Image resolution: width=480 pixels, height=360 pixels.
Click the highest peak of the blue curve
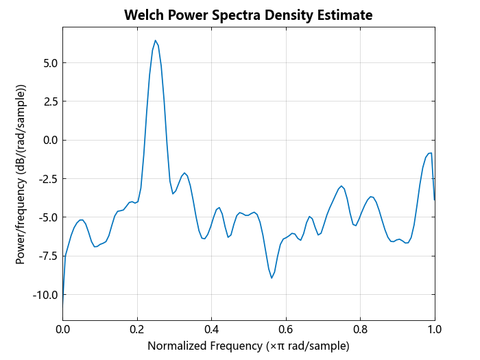pyautogui.click(x=156, y=40)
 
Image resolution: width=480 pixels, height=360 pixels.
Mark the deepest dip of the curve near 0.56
pyautogui.click(x=272, y=278)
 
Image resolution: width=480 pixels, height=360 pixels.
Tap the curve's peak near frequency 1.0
pyautogui.click(x=430, y=153)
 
